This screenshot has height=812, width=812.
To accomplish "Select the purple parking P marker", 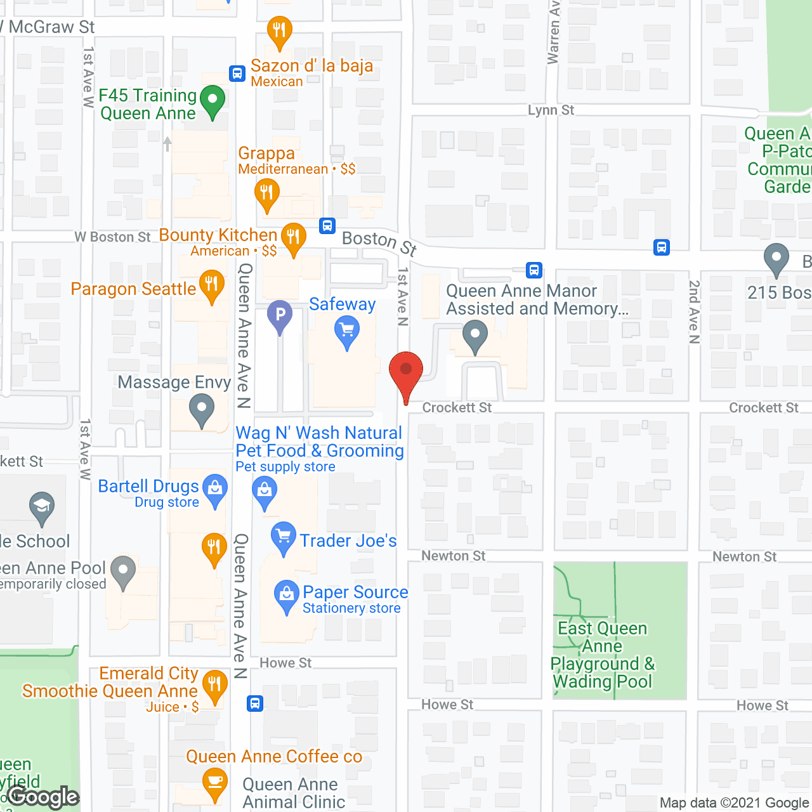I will click(280, 315).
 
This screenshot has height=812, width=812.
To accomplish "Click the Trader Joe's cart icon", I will click(283, 537).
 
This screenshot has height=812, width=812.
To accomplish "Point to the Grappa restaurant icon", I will click(267, 193).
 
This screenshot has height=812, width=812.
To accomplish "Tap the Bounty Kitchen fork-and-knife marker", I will click(293, 238).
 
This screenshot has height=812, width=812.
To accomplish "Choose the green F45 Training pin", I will click(213, 101).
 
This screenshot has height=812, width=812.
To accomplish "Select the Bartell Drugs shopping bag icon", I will click(215, 490).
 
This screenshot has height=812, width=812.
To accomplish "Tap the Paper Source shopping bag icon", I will click(286, 596).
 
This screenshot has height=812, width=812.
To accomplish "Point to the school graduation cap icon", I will click(42, 507).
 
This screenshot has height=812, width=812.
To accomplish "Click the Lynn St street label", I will click(551, 110).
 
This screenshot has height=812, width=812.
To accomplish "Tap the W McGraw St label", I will click(49, 27).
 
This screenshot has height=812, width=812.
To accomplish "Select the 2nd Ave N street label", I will click(695, 312).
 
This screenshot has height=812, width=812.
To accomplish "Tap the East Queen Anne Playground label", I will click(602, 655).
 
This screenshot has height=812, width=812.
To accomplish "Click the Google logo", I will click(43, 797).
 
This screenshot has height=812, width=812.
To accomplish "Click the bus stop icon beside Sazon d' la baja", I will click(237, 74).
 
